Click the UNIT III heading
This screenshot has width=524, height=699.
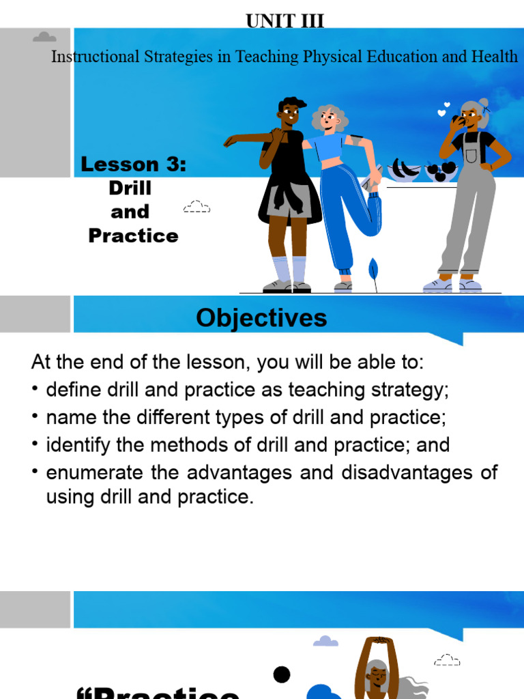point(285,22)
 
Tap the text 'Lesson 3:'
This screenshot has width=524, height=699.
point(134,164)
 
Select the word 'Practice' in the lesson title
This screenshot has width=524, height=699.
point(134,236)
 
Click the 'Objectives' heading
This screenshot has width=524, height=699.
point(261,318)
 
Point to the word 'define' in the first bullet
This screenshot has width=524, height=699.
point(70,390)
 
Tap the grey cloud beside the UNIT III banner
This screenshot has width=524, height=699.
point(44,37)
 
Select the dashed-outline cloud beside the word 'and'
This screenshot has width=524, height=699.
point(196,206)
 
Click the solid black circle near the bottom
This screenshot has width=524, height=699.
point(282,675)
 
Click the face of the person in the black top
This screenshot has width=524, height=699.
point(289,113)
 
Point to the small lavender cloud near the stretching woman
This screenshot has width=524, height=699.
point(325,641)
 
